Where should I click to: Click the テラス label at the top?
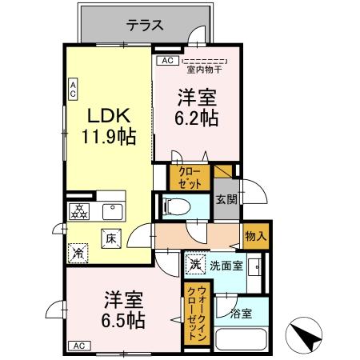tap(145, 25)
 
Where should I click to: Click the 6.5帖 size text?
tap(122, 319)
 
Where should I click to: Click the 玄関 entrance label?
tap(226, 200)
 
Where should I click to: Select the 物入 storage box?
tap(256, 237)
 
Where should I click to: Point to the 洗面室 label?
tap(226, 265)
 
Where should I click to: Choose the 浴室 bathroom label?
tap(241, 312)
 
